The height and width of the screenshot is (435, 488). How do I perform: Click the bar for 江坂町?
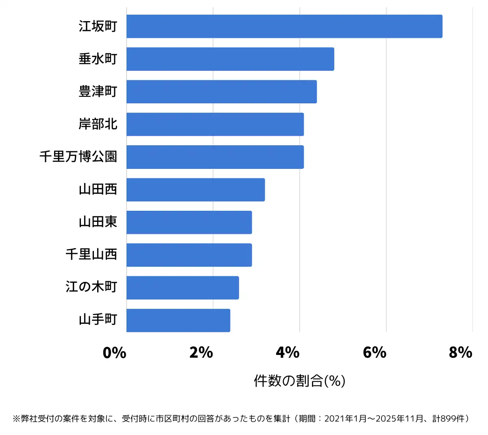pos(284,26)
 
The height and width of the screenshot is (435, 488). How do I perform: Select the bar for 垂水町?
pos(230,59)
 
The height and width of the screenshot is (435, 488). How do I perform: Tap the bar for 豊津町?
pos(222,92)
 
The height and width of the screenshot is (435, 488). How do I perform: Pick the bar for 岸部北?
pos(215,124)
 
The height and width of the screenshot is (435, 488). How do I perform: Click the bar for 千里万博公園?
pos(215,157)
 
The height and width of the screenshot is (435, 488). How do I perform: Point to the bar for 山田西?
pos(196,190)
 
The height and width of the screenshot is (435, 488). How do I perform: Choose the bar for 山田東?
pos(189,222)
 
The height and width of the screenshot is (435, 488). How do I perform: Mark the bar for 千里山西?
pos(189,255)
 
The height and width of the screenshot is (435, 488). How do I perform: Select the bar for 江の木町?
pos(183,288)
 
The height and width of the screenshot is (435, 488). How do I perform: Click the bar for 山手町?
pos(178,320)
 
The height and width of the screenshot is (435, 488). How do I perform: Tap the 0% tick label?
pos(115,352)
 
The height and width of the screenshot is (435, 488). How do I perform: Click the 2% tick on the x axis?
pos(201,352)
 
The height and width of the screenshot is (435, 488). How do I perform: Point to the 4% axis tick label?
pos(288,352)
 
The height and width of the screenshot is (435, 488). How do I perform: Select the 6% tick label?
pos(375,352)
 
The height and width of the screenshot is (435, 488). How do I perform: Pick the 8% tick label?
pos(461,352)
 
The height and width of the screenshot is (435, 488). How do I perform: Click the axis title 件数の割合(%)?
pos(300,381)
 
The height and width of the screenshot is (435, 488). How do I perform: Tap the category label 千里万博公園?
pos(78,157)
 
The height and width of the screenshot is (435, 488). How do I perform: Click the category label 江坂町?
pos(98,26)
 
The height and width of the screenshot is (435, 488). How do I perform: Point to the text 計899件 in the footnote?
pos(448,419)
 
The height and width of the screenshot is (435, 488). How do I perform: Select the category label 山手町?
pos(98,320)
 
